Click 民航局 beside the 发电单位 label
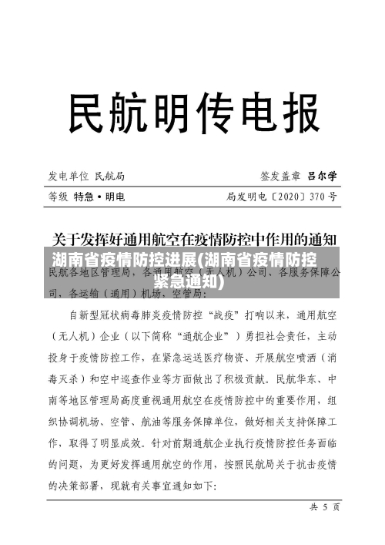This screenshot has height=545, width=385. pyautogui.click(x=111, y=176)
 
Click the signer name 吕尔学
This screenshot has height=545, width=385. pyautogui.click(x=322, y=176)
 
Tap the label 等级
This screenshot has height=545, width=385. pyautogui.click(x=58, y=197)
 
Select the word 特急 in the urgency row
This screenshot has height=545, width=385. pyautogui.click(x=85, y=197)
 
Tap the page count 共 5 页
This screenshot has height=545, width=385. pyautogui.click(x=319, y=507)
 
